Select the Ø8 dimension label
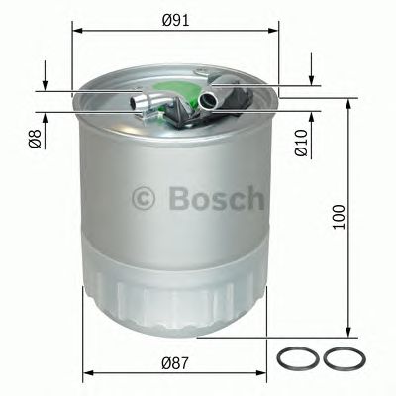33,140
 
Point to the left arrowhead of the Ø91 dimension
78,32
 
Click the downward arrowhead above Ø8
45,82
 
